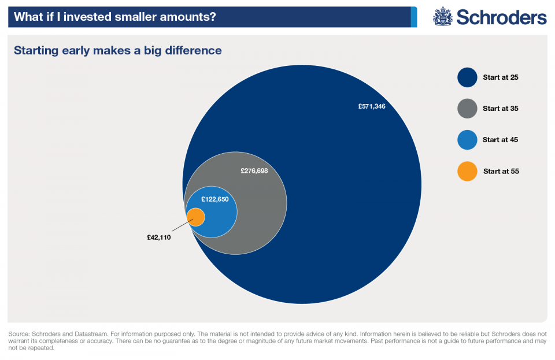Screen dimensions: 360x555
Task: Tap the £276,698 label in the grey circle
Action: pyautogui.click(x=254, y=171)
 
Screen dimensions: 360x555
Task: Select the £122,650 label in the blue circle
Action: pyautogui.click(x=215, y=199)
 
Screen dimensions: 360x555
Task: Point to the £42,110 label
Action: pyautogui.click(x=159, y=237)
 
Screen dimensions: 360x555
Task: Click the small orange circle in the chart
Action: pyautogui.click(x=196, y=217)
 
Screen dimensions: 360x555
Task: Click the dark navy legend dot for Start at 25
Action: pyautogui.click(x=467, y=77)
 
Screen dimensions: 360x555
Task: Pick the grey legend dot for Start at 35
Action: pyautogui.click(x=467, y=108)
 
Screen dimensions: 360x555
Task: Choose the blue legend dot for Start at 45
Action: pyautogui.click(x=467, y=140)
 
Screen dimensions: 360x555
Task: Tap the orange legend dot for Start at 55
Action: pyautogui.click(x=467, y=171)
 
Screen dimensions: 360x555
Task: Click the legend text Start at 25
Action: pyautogui.click(x=501, y=77)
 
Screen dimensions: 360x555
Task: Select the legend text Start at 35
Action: pyautogui.click(x=501, y=108)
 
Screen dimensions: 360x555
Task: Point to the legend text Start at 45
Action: pyautogui.click(x=501, y=140)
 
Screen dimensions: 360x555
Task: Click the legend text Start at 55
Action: pyautogui.click(x=501, y=171)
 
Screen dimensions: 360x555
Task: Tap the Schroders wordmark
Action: pyautogui.click(x=501, y=17)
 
